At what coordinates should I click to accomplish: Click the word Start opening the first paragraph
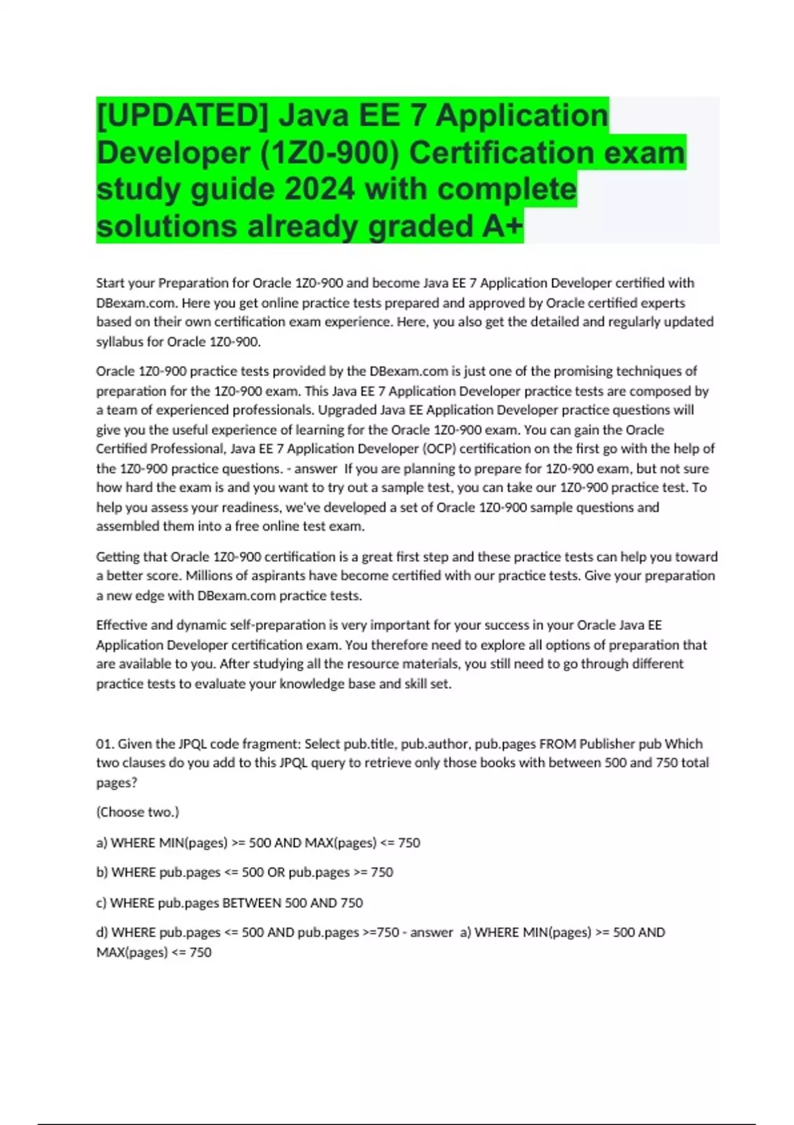[x=110, y=283]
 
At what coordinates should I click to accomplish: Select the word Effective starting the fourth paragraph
[x=121, y=625]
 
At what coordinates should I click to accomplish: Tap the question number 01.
[x=105, y=744]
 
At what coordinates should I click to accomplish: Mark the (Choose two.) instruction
[x=138, y=812]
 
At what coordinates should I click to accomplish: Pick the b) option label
[x=102, y=873]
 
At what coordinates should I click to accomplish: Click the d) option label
[x=102, y=932]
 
